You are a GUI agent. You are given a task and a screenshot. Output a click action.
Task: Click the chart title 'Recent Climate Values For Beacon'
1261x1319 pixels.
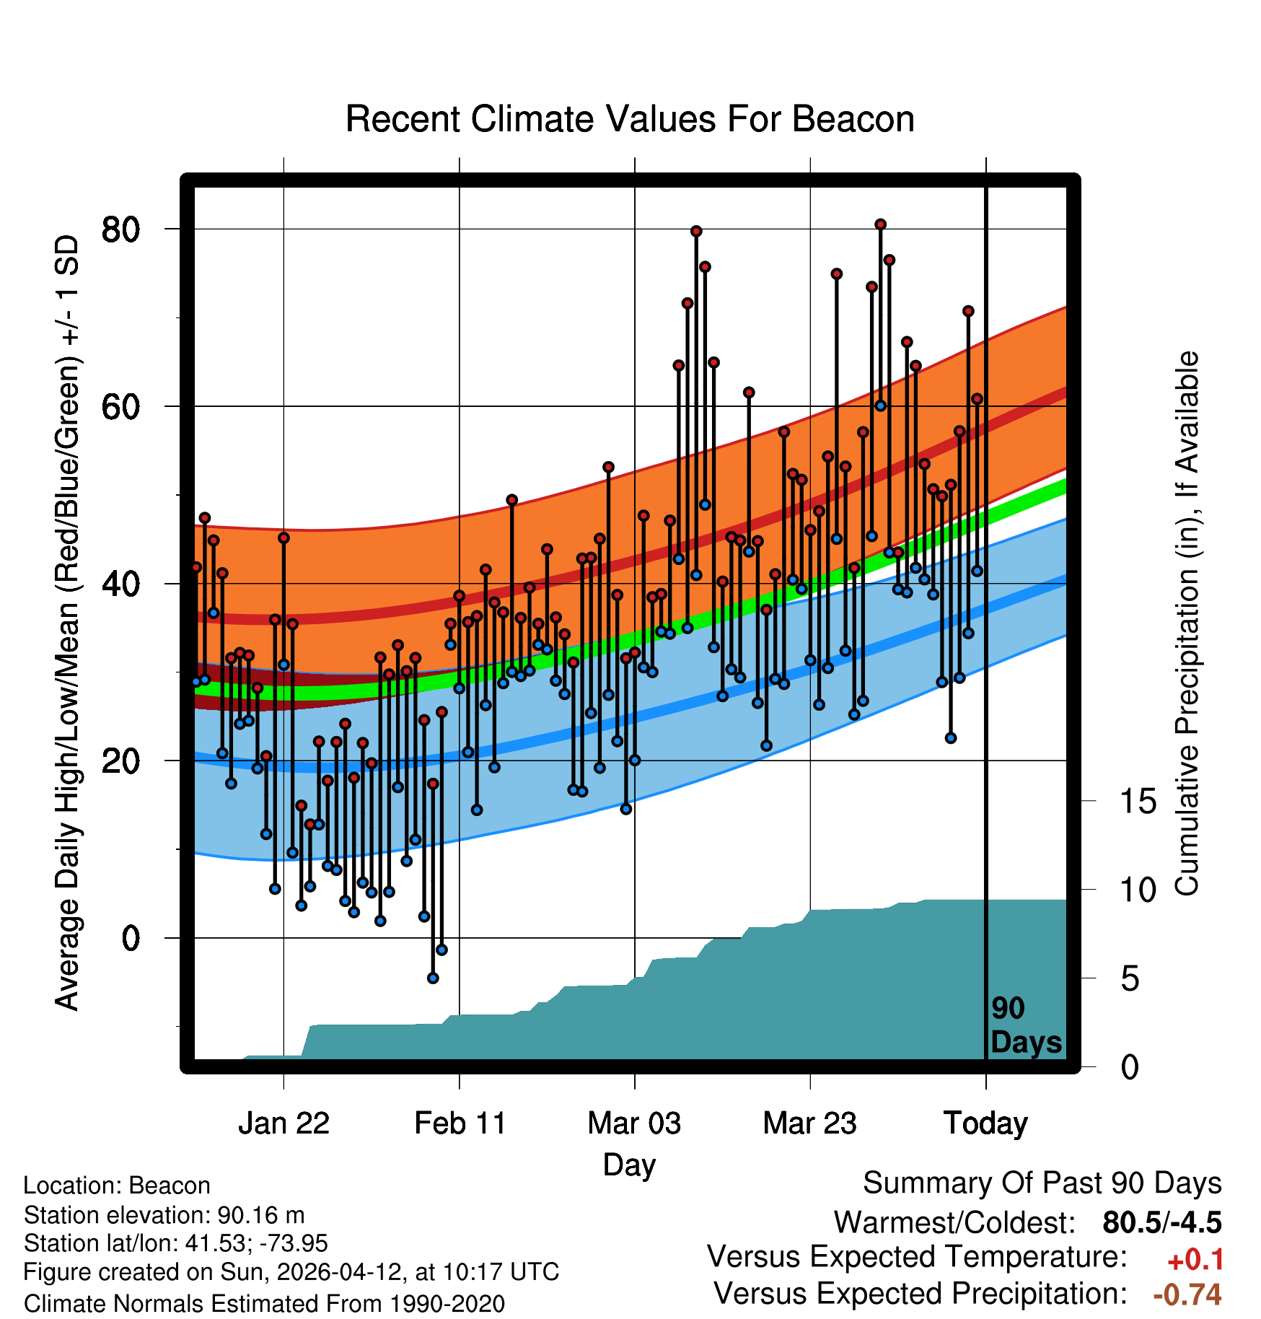click(x=630, y=120)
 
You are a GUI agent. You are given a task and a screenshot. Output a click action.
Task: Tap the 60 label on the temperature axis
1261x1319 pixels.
click(x=121, y=407)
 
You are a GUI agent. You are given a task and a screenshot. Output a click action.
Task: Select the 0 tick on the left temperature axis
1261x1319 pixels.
click(x=131, y=939)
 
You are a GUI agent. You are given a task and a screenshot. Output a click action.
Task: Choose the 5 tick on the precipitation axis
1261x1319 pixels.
click(x=1130, y=979)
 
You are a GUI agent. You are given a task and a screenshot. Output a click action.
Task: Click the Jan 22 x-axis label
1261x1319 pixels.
click(x=284, y=1123)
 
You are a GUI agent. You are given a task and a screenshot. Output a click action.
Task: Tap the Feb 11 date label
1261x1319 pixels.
click(x=460, y=1123)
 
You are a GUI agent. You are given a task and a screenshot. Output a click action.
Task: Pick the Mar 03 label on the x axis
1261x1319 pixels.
click(x=635, y=1123)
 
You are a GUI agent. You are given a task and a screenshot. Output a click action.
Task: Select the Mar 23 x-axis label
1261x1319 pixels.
click(x=810, y=1123)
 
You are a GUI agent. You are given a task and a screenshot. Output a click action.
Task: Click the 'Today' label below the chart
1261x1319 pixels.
click(x=986, y=1123)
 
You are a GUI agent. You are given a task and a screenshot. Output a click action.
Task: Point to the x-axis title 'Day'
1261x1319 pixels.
click(x=630, y=1165)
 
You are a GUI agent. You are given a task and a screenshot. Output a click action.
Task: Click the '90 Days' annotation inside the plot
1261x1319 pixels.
click(x=1026, y=1025)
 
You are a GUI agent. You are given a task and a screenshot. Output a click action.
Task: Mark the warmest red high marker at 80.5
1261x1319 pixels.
click(x=880, y=224)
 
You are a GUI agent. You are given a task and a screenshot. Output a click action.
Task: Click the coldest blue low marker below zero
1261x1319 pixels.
click(x=433, y=978)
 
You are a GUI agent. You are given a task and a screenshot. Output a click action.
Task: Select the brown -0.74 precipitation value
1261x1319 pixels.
click(x=1187, y=1294)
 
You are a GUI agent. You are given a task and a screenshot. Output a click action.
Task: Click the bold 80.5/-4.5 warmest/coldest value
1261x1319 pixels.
click(x=1162, y=1222)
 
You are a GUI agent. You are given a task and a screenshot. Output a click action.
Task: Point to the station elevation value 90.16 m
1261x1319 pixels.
click(x=261, y=1215)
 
